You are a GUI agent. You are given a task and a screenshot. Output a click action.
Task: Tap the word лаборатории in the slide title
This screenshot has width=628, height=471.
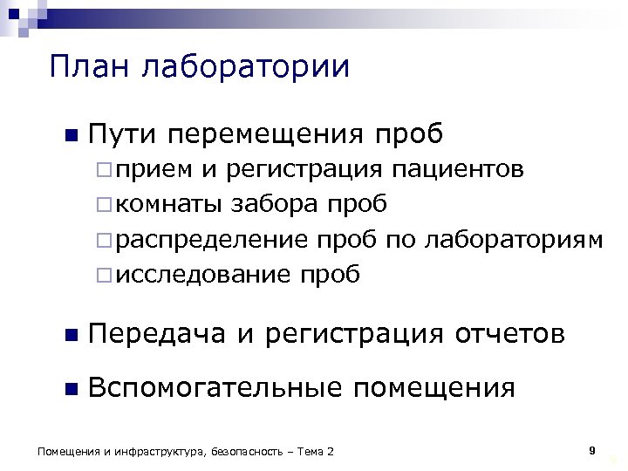coord(242,68)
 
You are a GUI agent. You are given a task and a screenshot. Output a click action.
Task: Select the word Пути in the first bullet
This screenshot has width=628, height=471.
coord(121,134)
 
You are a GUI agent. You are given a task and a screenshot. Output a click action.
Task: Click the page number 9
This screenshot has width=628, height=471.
coord(592,450)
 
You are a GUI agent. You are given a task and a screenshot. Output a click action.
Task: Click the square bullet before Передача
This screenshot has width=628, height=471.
coord(71,335)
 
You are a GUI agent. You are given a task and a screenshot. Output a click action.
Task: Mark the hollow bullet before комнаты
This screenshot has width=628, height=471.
coord(103,205)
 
